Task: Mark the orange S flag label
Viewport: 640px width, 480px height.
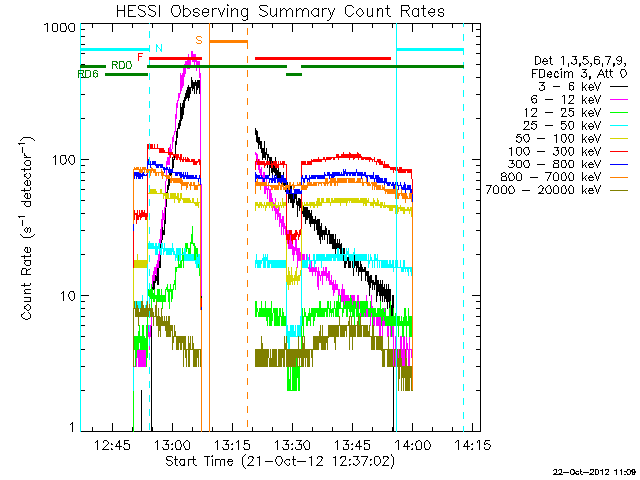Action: (199, 40)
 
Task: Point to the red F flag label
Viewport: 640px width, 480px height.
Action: (140, 57)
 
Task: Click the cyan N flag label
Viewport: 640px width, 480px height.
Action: (158, 47)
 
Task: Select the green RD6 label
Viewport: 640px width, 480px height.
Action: (88, 74)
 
